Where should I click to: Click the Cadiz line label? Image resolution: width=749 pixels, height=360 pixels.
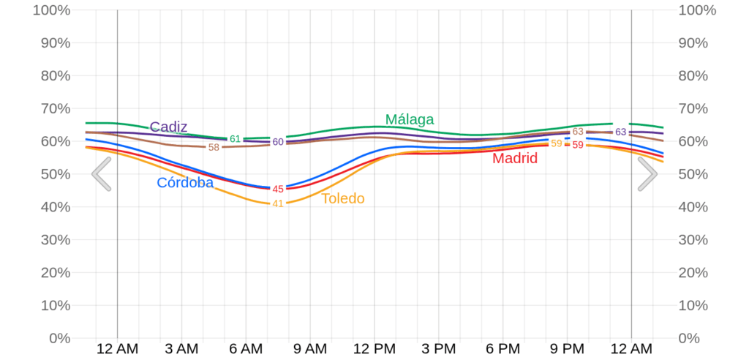click(168, 127)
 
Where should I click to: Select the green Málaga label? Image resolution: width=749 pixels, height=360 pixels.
click(410, 119)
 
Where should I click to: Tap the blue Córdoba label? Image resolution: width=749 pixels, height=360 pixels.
click(185, 183)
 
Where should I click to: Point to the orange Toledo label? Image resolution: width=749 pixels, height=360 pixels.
click(342, 198)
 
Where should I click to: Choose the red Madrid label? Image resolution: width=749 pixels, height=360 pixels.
click(515, 158)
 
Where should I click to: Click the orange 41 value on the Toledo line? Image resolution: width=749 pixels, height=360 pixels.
click(278, 203)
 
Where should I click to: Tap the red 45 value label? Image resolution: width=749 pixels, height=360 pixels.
click(278, 189)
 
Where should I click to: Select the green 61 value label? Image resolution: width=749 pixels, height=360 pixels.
click(235, 139)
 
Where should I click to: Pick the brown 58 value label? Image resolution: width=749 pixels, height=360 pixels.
click(214, 147)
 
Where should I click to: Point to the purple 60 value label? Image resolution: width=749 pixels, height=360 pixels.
click(278, 142)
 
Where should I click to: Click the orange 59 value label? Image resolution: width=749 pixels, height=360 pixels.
click(557, 143)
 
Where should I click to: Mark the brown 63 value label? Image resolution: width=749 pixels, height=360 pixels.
click(578, 132)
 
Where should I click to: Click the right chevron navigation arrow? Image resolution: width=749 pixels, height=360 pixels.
click(647, 174)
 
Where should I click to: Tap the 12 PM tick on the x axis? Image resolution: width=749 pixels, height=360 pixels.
click(374, 349)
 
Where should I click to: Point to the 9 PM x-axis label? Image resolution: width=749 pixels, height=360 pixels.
click(567, 349)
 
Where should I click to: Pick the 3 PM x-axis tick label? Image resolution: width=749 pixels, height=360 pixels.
click(438, 349)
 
